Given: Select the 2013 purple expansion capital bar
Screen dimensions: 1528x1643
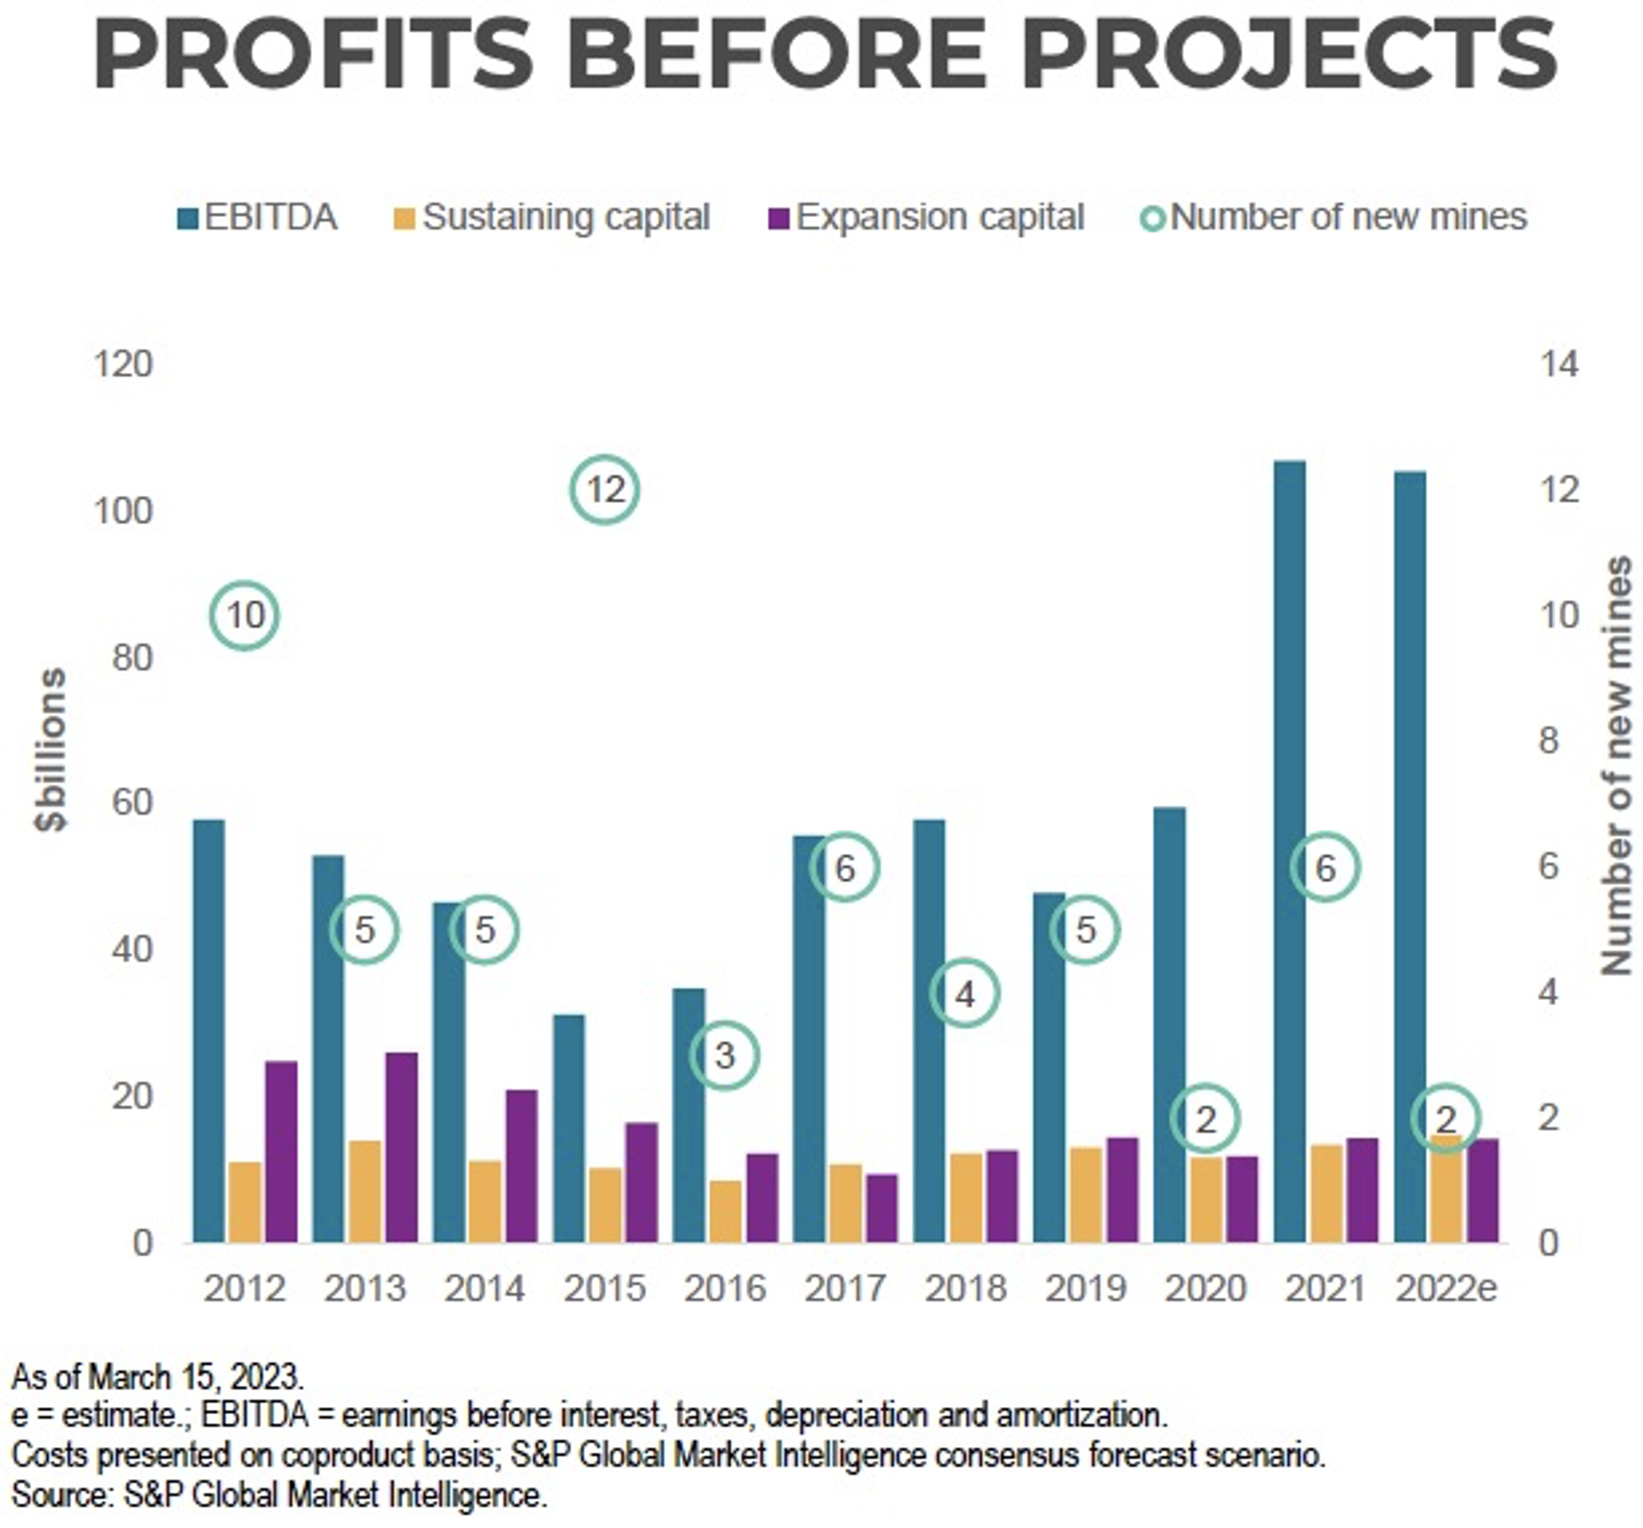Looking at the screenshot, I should [x=401, y=1147].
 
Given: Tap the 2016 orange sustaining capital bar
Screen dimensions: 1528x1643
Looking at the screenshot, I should [x=726, y=1211].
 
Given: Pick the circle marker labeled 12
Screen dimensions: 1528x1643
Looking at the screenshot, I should [x=605, y=489].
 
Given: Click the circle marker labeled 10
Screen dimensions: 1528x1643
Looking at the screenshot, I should [x=245, y=615].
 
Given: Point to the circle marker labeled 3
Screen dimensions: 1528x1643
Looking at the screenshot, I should [x=725, y=1056].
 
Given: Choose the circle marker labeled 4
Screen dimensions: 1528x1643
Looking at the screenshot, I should [x=964, y=992].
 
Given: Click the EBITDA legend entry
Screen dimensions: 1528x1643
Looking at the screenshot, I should [x=258, y=218].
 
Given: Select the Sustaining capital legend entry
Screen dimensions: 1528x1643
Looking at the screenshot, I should [x=553, y=218].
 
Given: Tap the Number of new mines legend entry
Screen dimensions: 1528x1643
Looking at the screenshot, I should [x=1334, y=218].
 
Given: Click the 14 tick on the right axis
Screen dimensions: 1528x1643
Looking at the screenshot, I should [x=1559, y=365].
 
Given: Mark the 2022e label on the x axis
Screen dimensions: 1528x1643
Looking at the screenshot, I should [x=1445, y=1288].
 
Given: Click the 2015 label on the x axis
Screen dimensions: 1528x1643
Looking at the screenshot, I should [x=605, y=1288].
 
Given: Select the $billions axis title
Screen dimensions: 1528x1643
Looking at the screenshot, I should [x=50, y=749].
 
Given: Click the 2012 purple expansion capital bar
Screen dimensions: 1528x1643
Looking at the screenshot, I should [x=281, y=1152].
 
